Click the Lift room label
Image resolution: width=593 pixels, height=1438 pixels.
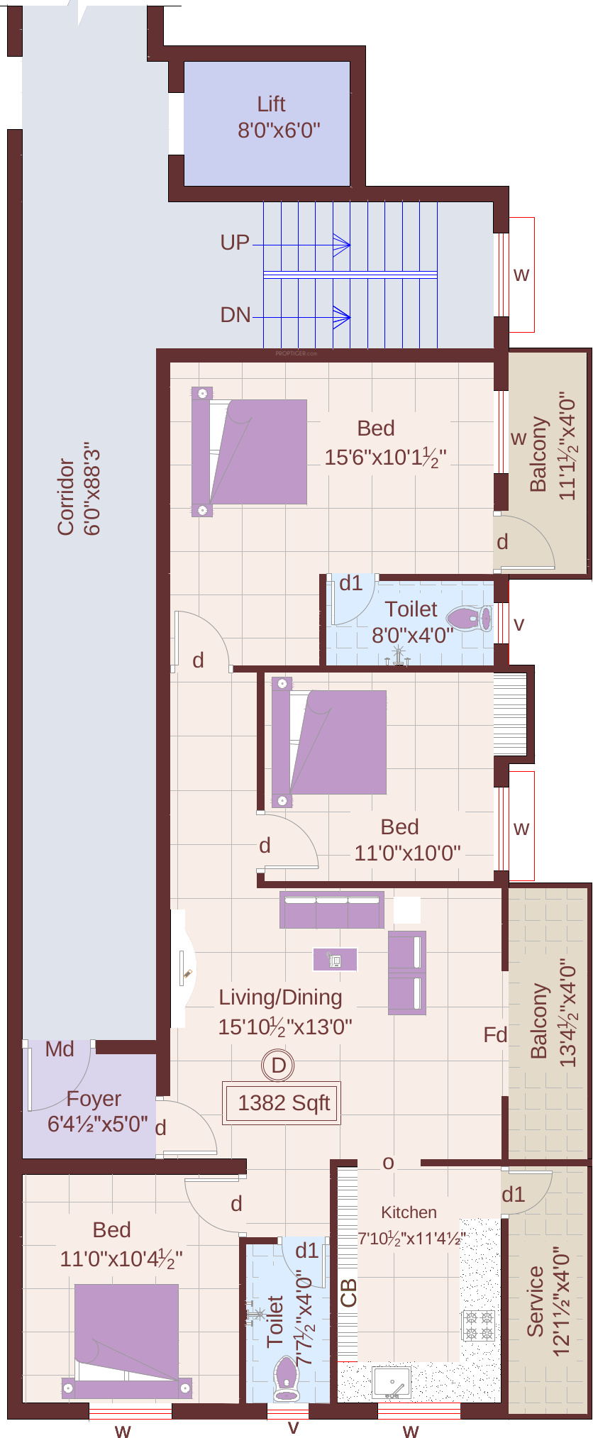click(x=272, y=104)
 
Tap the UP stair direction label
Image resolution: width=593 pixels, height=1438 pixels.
click(x=235, y=243)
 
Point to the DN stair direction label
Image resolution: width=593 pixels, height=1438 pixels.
click(x=235, y=315)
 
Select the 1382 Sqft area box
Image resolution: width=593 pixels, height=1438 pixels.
click(x=282, y=1102)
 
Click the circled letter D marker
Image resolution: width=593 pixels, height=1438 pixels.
click(x=278, y=1065)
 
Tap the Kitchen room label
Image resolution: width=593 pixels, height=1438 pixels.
click(x=409, y=1212)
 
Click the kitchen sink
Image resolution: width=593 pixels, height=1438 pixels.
click(x=392, y=1383)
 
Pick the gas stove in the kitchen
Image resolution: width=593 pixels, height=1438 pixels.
click(x=479, y=1325)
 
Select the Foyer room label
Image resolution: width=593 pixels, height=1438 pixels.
click(x=94, y=1099)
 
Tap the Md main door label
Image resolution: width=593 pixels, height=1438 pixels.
click(x=60, y=1049)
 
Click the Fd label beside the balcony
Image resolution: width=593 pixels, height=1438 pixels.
click(x=495, y=1035)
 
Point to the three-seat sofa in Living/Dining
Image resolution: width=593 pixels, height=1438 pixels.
click(x=332, y=909)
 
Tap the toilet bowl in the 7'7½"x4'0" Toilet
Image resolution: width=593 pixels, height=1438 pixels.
click(x=287, y=1378)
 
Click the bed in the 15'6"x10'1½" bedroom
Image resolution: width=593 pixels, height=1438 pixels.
click(x=250, y=452)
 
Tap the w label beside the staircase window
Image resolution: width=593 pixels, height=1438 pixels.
click(x=521, y=275)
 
